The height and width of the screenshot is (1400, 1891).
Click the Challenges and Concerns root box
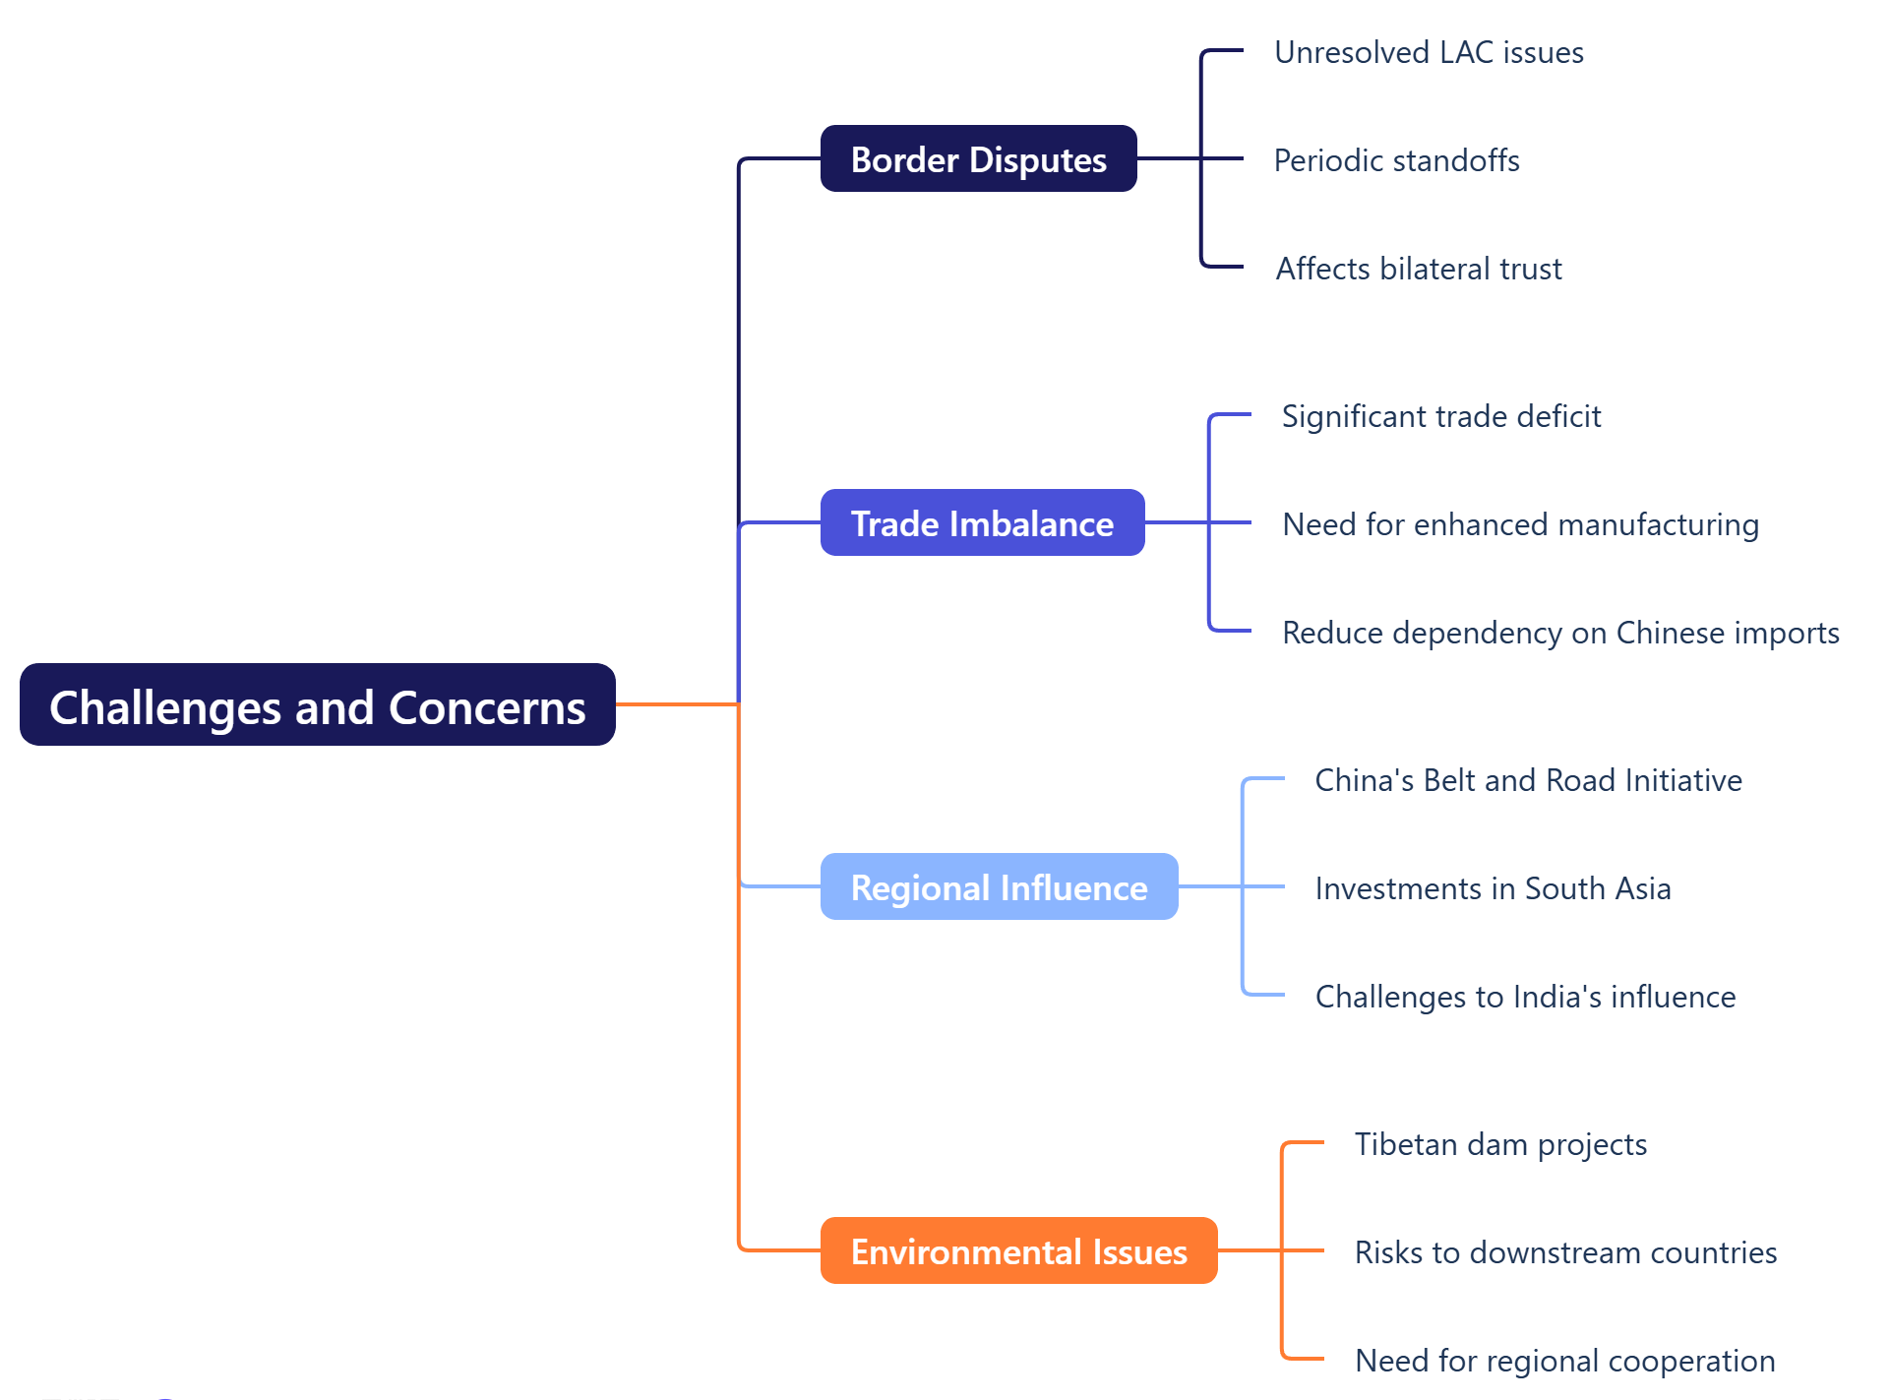pos(317,705)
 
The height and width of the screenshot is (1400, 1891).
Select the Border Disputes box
pos(978,159)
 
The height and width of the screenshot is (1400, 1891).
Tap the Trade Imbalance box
pos(982,523)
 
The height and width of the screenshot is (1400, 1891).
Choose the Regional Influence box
pos(999,887)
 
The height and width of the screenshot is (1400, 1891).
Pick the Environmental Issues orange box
pos(1018,1251)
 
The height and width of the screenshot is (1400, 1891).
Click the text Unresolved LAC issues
pos(1429,52)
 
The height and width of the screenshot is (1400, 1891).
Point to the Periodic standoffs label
pos(1396,160)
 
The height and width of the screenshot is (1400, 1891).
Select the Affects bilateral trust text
pos(1418,269)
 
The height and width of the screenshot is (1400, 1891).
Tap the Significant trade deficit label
pos(1440,416)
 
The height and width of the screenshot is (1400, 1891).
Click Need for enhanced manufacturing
pos(1520,524)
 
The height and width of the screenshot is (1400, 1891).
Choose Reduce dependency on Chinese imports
pos(1560,633)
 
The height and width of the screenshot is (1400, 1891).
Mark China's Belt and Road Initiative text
pos(1528,780)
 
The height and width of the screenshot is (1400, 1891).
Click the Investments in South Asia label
pos(1493,888)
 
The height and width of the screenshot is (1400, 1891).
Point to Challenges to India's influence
pos(1525,997)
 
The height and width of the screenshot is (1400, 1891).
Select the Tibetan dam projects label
pos(1500,1144)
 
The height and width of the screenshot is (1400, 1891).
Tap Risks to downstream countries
pos(1565,1252)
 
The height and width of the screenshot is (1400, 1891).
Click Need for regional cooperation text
pos(1564,1361)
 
